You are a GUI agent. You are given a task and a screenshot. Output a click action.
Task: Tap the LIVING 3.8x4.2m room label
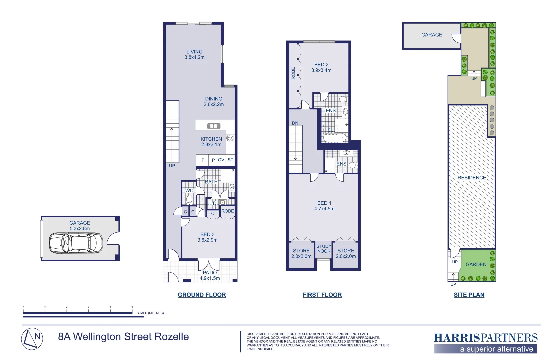[x=195, y=54]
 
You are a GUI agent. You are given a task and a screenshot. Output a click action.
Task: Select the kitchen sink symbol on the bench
[x=214, y=126]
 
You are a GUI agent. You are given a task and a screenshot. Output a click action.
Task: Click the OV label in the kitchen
[x=221, y=160]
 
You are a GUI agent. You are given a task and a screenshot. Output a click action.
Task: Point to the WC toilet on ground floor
[x=189, y=199]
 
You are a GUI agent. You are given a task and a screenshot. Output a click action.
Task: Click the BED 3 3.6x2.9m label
[x=207, y=237]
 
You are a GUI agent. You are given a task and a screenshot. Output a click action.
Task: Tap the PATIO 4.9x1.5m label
[x=210, y=275]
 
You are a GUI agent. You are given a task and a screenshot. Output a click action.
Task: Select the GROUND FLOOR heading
[x=202, y=295]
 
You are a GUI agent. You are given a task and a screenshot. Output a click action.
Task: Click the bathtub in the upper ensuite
[x=335, y=138]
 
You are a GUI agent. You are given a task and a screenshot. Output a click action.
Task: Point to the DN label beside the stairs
[x=295, y=123]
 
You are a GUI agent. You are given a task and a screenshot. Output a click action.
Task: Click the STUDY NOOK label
[x=324, y=249]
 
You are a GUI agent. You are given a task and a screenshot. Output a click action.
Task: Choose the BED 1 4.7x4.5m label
[x=324, y=206]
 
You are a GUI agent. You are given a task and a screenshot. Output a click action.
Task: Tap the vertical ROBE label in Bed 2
[x=293, y=73]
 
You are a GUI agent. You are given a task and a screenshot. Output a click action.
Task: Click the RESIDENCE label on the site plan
[x=472, y=178]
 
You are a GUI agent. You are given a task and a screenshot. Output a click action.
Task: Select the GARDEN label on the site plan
[x=476, y=264]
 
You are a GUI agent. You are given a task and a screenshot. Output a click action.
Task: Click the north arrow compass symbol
[x=32, y=339]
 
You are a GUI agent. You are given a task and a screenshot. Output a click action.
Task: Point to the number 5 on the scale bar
[x=132, y=307]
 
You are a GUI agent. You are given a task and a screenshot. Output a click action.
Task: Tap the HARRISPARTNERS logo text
[x=485, y=338]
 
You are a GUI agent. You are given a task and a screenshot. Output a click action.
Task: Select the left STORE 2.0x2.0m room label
[x=301, y=253]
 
